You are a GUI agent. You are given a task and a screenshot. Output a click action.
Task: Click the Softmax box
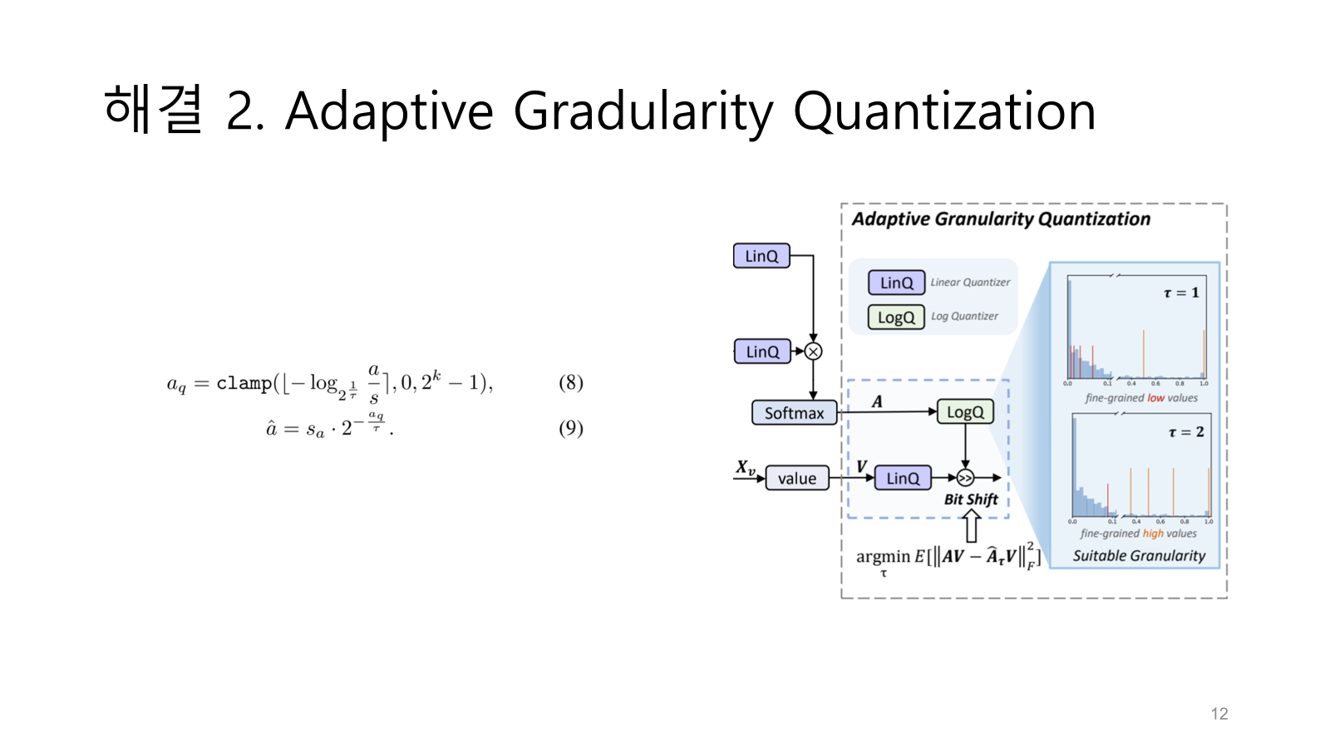click(x=794, y=413)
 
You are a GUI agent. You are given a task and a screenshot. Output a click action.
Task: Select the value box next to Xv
click(x=796, y=479)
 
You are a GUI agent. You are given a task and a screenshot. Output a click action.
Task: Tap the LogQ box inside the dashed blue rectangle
click(x=965, y=412)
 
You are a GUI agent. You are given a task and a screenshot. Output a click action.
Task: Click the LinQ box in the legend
click(x=896, y=283)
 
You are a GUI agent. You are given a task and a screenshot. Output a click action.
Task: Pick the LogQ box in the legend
click(x=895, y=317)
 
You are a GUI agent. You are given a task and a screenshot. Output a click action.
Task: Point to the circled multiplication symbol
click(x=813, y=352)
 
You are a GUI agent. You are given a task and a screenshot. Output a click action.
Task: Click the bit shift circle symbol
click(x=965, y=478)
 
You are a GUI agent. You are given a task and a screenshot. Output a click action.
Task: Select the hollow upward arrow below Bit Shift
click(x=971, y=526)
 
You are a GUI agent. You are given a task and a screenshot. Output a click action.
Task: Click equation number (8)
click(x=570, y=382)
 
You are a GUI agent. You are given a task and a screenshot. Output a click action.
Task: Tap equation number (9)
click(x=570, y=428)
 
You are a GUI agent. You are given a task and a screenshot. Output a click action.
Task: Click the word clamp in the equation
click(x=244, y=383)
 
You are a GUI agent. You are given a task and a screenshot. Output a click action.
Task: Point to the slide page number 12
click(x=1219, y=714)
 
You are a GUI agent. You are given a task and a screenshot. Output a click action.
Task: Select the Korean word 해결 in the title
click(x=154, y=110)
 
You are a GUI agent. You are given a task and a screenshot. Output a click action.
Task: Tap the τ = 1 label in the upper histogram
click(x=1181, y=293)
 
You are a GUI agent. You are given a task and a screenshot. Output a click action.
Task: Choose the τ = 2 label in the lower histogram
click(x=1185, y=432)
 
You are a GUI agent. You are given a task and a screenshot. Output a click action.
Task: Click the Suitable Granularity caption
click(x=1139, y=556)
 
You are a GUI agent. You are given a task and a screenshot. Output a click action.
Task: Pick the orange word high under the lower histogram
click(x=1153, y=534)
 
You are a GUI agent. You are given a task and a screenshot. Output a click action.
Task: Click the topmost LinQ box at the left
click(x=761, y=256)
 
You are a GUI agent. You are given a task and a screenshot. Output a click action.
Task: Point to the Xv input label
click(x=746, y=468)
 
